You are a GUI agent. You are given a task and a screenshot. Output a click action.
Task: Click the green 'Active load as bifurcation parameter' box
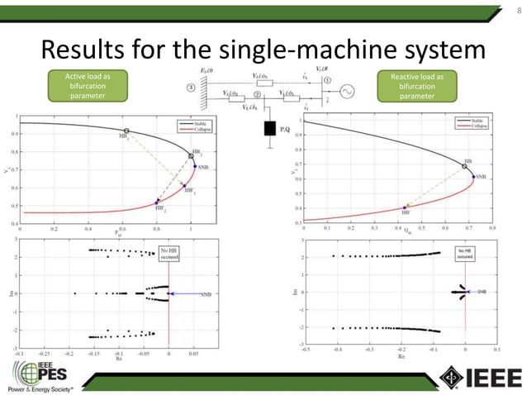click(x=88, y=86)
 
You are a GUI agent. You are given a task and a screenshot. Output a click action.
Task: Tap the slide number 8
click(x=516, y=11)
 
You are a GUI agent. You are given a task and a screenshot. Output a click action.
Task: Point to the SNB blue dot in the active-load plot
click(x=195, y=166)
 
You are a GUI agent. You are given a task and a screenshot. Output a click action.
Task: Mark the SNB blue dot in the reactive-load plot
click(x=473, y=176)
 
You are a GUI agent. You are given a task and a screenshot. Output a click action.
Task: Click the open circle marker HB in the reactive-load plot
click(x=464, y=166)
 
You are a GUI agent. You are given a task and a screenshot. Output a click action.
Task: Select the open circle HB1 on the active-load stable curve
click(x=126, y=131)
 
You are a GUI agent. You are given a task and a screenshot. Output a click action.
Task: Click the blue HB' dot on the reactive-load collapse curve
click(x=404, y=207)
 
